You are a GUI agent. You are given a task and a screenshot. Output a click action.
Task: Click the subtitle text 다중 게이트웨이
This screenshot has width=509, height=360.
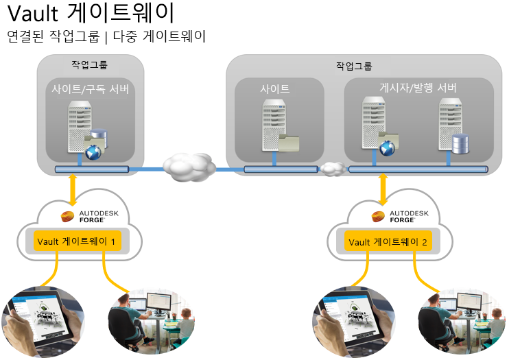pos(162,36)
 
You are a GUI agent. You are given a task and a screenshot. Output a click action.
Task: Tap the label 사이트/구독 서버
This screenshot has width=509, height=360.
pos(90,89)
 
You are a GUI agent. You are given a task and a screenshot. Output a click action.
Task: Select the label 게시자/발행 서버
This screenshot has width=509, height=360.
pos(418,88)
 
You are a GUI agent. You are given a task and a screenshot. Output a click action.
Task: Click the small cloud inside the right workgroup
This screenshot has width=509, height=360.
pos(332,168)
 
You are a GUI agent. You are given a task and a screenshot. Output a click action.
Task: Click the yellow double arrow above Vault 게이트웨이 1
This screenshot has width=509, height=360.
pos(73,189)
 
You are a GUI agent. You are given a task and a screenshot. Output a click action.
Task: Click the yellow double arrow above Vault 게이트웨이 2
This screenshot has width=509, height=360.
pos(382,189)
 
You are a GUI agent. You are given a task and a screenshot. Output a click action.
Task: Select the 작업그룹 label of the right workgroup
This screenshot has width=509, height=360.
pos(354,67)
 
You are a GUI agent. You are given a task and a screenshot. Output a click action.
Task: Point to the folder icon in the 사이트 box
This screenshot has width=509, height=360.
pos(289,142)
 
